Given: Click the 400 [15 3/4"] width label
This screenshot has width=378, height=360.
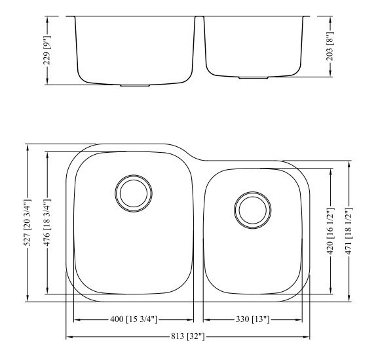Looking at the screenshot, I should [134, 319].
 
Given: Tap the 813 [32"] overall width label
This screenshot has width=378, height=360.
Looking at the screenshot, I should [188, 337].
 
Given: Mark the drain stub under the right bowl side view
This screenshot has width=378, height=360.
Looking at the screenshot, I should [253, 78].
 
